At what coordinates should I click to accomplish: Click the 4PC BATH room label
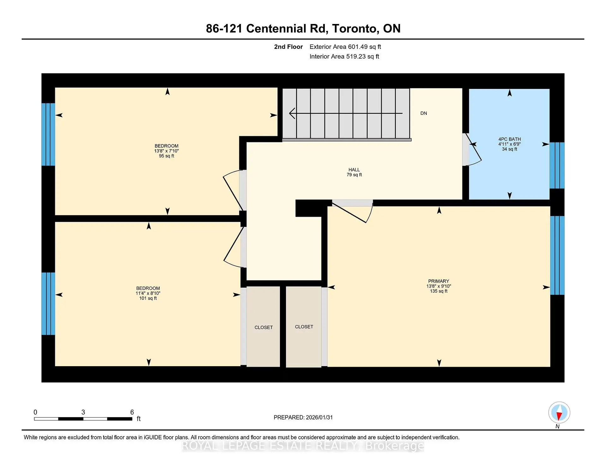(x=509, y=139)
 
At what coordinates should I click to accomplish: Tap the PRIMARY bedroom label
(x=438, y=281)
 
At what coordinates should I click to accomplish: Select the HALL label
(x=354, y=170)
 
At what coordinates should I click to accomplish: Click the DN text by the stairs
(x=424, y=113)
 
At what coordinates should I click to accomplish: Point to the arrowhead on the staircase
(x=292, y=113)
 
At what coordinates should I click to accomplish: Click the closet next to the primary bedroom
(x=304, y=327)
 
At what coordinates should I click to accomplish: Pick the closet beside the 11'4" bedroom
(x=263, y=327)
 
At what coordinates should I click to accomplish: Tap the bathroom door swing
(x=473, y=149)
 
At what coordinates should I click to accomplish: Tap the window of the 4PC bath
(x=557, y=165)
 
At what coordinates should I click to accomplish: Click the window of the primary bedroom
(x=557, y=255)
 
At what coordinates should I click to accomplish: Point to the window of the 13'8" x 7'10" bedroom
(x=48, y=134)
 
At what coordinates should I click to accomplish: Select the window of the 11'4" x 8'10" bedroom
(x=48, y=303)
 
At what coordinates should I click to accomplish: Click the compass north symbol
(x=559, y=413)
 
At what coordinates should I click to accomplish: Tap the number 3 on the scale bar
(x=83, y=412)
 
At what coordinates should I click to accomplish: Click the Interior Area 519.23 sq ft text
(x=344, y=56)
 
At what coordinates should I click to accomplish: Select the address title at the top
(x=303, y=28)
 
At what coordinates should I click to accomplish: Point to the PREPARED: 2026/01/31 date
(x=303, y=417)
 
